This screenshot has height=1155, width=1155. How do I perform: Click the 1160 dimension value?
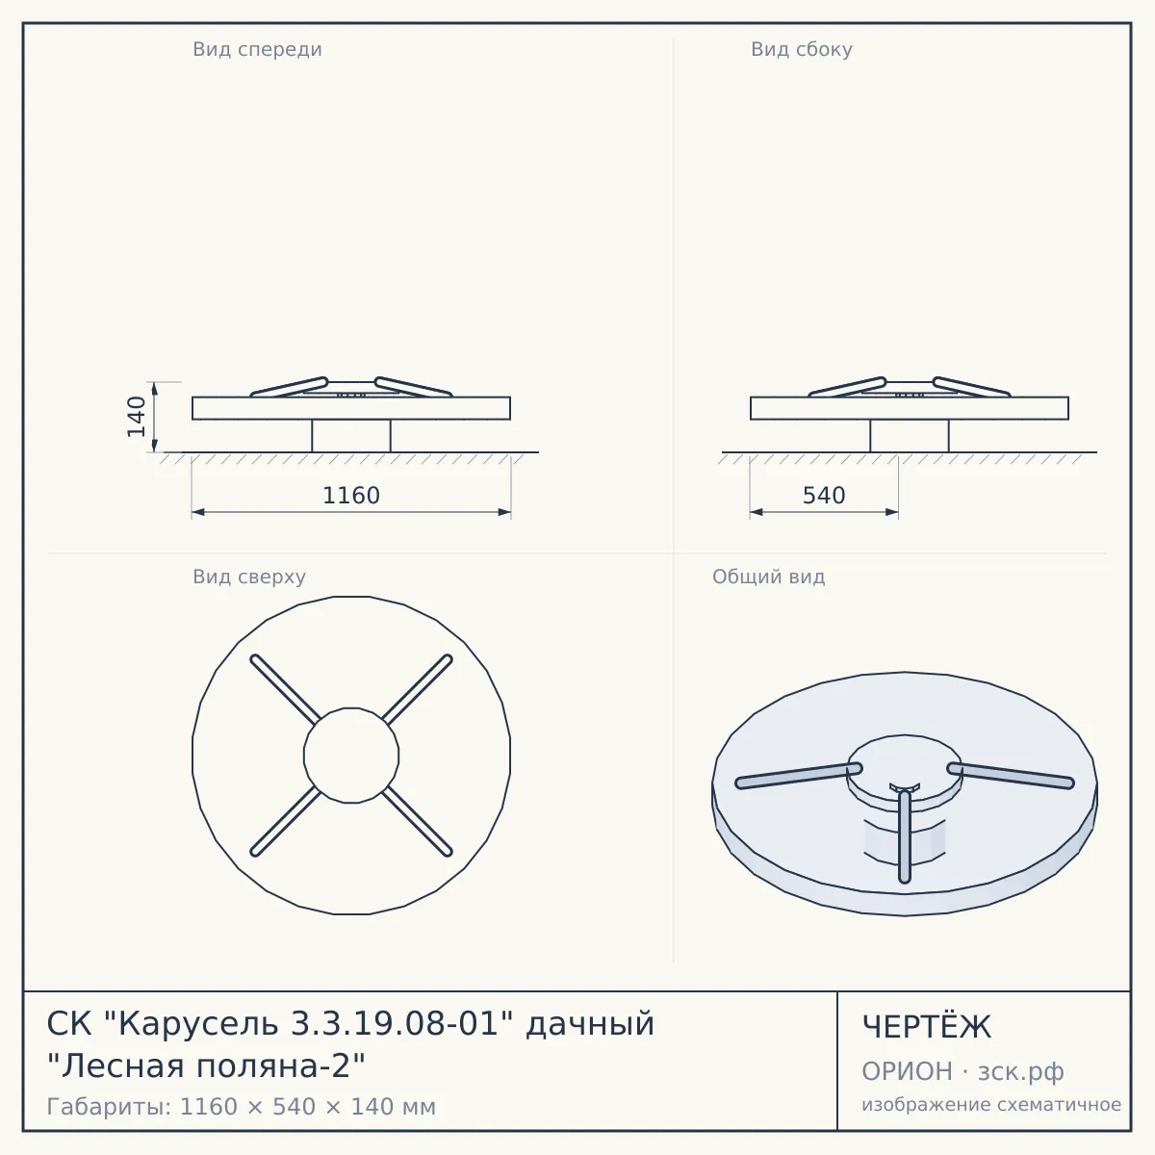351,496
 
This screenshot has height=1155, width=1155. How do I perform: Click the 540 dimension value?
824,496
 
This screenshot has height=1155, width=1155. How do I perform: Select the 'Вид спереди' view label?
257,49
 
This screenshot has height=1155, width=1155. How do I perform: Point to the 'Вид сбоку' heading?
802,49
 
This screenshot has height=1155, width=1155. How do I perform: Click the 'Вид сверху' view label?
249,577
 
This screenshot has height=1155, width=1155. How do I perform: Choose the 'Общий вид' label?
768,577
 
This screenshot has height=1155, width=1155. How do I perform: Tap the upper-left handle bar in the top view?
285,689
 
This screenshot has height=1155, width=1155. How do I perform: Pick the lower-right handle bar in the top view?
417,821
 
